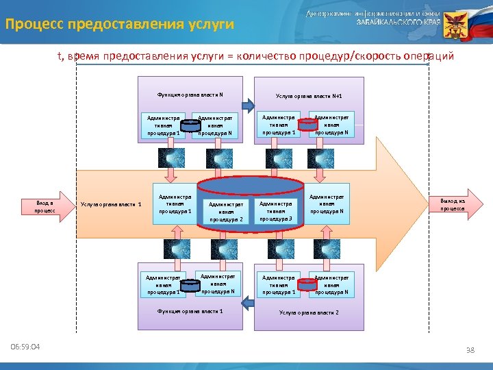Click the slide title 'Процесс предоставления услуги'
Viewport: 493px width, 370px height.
point(120,25)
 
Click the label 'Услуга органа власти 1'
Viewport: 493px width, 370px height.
point(111,203)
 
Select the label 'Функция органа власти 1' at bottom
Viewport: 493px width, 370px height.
point(190,311)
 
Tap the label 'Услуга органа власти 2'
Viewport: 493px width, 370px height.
point(308,312)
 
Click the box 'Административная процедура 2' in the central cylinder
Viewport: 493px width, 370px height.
point(226,211)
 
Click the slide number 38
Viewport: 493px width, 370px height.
point(470,350)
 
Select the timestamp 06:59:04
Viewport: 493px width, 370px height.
point(25,347)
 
